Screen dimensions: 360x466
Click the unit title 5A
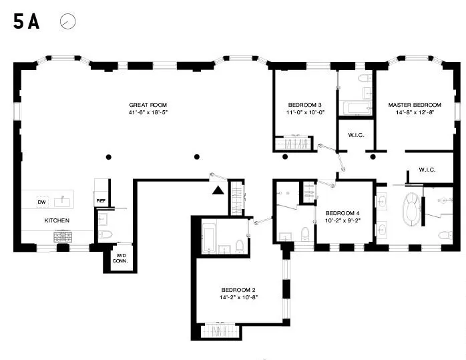pyautogui.click(x=26, y=21)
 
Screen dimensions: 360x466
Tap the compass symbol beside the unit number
pyautogui.click(x=67, y=21)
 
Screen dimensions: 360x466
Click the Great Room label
pyautogui.click(x=148, y=105)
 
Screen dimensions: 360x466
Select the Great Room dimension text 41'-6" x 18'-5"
pyautogui.click(x=148, y=113)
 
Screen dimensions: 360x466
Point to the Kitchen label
pyautogui.click(x=57, y=220)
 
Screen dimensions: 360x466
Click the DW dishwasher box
pyautogui.click(x=41, y=202)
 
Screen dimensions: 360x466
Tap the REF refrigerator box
pyautogui.click(x=101, y=200)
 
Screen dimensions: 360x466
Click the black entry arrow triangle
pyautogui.click(x=218, y=190)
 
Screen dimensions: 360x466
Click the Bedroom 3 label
pyautogui.click(x=305, y=105)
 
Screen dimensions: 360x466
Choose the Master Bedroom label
pyautogui.click(x=415, y=105)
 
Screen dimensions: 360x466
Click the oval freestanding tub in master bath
pyautogui.click(x=411, y=210)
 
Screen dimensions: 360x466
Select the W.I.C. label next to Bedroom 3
pyautogui.click(x=356, y=134)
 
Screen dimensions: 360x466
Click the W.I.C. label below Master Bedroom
pyautogui.click(x=427, y=170)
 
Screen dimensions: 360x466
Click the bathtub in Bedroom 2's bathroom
pyautogui.click(x=209, y=236)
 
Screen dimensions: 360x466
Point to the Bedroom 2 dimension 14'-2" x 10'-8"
pyautogui.click(x=238, y=297)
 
